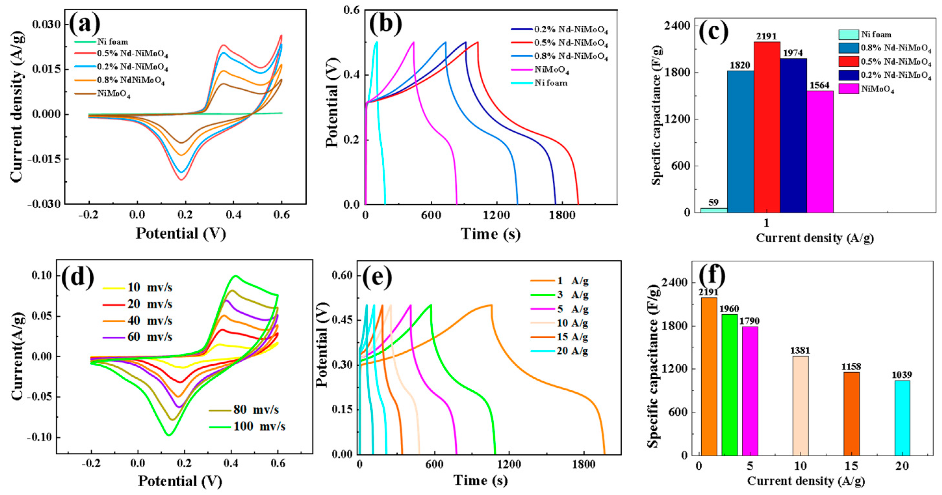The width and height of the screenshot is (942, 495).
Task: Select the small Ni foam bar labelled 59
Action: tap(713, 210)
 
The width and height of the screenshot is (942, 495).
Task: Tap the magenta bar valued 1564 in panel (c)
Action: tap(820, 151)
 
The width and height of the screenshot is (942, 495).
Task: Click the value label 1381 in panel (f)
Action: tap(800, 351)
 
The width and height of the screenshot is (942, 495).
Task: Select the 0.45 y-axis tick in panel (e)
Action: tap(342, 320)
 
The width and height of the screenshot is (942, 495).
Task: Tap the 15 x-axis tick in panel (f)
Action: tap(851, 466)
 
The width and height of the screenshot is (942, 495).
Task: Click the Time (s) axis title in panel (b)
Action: tap(490, 234)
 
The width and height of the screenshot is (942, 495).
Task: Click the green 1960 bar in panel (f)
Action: tap(729, 384)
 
